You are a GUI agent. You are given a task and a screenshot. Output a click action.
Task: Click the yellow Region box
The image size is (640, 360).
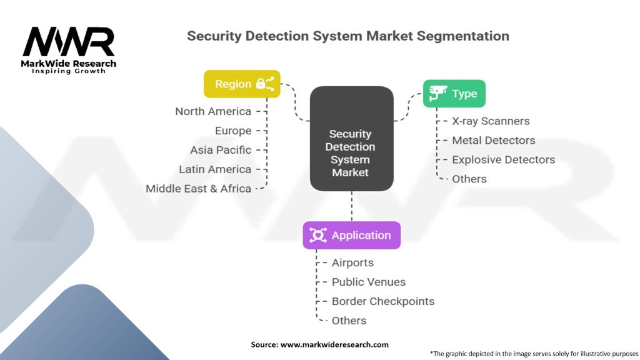(x=242, y=84)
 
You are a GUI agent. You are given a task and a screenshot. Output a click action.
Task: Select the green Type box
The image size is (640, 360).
(x=454, y=94)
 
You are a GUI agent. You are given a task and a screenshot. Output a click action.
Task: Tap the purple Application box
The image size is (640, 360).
(x=351, y=235)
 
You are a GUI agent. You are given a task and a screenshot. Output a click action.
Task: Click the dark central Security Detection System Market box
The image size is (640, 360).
(x=351, y=138)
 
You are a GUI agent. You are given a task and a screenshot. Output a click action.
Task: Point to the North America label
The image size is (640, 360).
(x=213, y=111)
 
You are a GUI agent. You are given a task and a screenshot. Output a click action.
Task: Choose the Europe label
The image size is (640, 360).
(x=233, y=131)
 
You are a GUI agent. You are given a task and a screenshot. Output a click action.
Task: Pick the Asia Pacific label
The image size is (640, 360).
(x=221, y=150)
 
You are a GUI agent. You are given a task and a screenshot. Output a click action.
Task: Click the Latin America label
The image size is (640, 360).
(x=215, y=169)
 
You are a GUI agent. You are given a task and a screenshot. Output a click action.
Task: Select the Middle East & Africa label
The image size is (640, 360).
(x=198, y=189)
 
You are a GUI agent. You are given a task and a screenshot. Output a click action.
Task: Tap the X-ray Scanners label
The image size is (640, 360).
(x=491, y=121)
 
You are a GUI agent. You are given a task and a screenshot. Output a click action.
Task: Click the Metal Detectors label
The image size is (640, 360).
(x=494, y=140)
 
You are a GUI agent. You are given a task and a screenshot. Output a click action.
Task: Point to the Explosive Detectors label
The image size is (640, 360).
(x=503, y=159)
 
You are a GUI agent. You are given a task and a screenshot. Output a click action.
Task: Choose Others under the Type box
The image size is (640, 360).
(x=469, y=179)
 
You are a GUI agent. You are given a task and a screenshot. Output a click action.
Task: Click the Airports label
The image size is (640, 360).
(x=352, y=262)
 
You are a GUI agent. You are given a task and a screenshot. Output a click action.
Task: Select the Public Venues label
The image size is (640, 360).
(x=369, y=282)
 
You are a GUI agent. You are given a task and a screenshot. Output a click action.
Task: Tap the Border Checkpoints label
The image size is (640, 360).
(x=383, y=301)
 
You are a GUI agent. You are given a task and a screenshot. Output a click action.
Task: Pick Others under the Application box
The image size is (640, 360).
(x=349, y=321)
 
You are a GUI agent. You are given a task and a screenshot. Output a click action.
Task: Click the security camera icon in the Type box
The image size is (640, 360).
(x=438, y=93)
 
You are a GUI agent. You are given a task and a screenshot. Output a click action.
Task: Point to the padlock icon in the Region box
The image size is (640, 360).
(x=261, y=84)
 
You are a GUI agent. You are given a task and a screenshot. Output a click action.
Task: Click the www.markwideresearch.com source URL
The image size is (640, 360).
(x=334, y=344)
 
